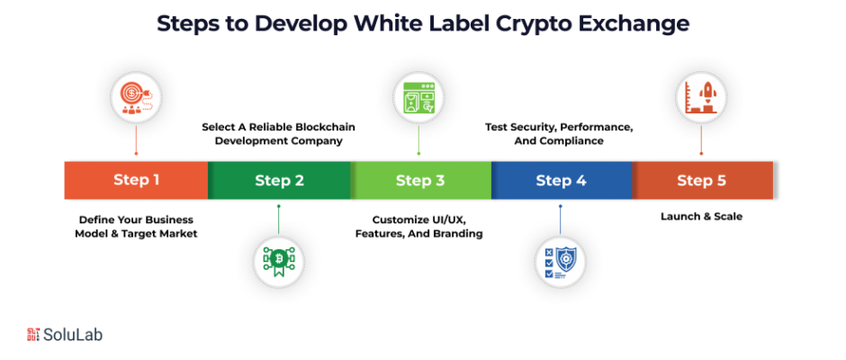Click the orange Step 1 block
[136, 180]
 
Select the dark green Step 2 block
[279, 180]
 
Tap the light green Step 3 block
[420, 180]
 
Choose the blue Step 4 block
[562, 180]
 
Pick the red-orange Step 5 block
[702, 180]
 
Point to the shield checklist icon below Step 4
[561, 261]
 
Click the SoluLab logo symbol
[37, 334]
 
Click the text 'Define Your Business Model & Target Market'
[136, 226]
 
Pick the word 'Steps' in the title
[191, 24]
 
